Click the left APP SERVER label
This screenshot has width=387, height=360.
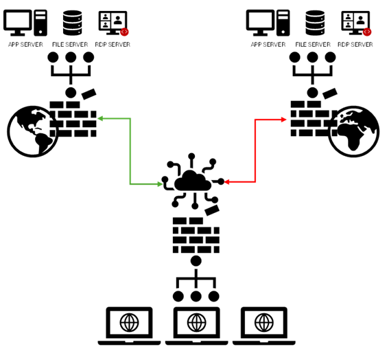click(x=25, y=45)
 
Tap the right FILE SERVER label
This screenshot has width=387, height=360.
click(x=313, y=45)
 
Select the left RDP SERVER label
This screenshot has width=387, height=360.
click(x=113, y=45)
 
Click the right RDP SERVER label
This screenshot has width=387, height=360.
click(x=355, y=45)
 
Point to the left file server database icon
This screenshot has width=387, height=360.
click(x=72, y=23)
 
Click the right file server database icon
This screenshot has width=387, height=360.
click(x=315, y=23)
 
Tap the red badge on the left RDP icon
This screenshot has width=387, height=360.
click(x=124, y=32)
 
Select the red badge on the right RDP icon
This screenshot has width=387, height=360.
click(x=367, y=32)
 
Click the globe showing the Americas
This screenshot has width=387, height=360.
click(x=32, y=131)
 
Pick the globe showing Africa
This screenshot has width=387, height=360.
click(x=353, y=131)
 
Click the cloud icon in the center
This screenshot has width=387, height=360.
click(x=193, y=181)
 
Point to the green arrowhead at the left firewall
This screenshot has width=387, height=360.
click(x=100, y=119)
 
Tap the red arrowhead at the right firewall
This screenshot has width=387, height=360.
click(x=284, y=120)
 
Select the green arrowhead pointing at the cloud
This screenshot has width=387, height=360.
click(x=160, y=184)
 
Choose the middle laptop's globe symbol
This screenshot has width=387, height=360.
click(x=196, y=322)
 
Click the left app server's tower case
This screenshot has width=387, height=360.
click(x=40, y=23)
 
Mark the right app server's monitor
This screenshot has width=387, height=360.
click(x=260, y=23)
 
